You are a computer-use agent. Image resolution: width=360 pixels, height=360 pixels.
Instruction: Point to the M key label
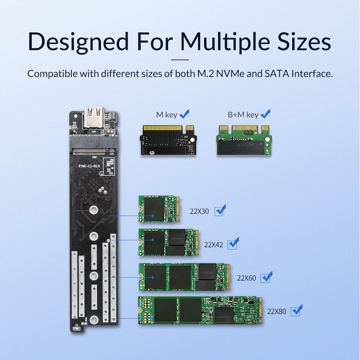tap(167, 115)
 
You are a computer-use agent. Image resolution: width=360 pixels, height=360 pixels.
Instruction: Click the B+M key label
tap(243, 115)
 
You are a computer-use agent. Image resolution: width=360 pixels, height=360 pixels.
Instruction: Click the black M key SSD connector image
tap(168, 140)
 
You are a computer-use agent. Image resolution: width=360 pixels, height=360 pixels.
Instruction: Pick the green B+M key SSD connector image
tap(244, 140)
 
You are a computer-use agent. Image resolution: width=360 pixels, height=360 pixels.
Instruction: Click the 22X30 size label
tap(199, 212)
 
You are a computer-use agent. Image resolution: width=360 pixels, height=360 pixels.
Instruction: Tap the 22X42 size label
tap(214, 245)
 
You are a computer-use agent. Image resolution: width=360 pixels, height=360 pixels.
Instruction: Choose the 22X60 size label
tap(246, 278)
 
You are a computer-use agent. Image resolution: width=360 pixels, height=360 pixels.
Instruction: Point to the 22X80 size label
tap(277, 311)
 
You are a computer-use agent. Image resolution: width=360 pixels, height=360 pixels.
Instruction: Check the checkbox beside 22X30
tap(219, 211)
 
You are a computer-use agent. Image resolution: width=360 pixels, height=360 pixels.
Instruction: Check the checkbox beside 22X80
tap(296, 311)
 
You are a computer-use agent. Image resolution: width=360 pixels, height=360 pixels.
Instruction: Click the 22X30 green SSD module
tap(159, 209)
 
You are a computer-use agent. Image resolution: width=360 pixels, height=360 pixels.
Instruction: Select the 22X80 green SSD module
tap(200, 310)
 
